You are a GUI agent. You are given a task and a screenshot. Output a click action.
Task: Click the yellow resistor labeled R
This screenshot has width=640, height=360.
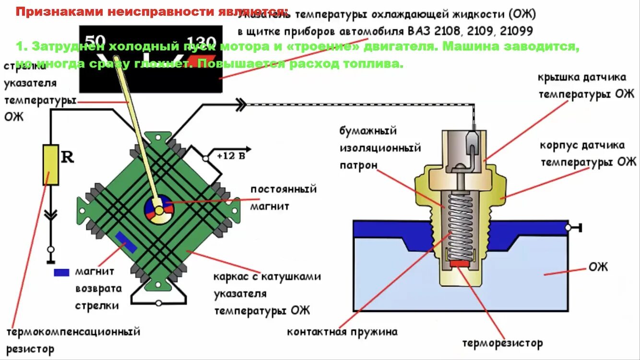(50, 165)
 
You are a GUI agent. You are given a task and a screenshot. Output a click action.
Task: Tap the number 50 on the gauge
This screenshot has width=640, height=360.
(95, 40)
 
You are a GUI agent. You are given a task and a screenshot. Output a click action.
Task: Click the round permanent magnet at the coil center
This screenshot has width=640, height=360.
(158, 210)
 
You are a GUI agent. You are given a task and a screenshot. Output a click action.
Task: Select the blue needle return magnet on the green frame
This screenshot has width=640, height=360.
(126, 241)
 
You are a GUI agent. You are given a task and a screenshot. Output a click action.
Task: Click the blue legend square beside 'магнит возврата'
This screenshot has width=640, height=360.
(61, 272)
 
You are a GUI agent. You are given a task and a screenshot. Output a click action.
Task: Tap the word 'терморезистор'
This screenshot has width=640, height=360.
(502, 344)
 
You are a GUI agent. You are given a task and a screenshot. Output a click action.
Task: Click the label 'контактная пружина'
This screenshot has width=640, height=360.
(342, 332)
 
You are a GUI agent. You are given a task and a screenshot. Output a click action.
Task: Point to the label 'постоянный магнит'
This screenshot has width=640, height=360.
(283, 197)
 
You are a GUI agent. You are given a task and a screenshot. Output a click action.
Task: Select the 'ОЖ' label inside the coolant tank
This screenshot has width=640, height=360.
(598, 266)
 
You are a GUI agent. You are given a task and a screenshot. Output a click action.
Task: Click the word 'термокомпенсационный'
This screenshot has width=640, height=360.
(73, 332)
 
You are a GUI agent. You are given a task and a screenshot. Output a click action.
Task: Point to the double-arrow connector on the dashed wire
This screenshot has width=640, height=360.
(240, 104)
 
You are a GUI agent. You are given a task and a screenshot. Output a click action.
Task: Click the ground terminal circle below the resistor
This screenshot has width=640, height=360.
(50, 250)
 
